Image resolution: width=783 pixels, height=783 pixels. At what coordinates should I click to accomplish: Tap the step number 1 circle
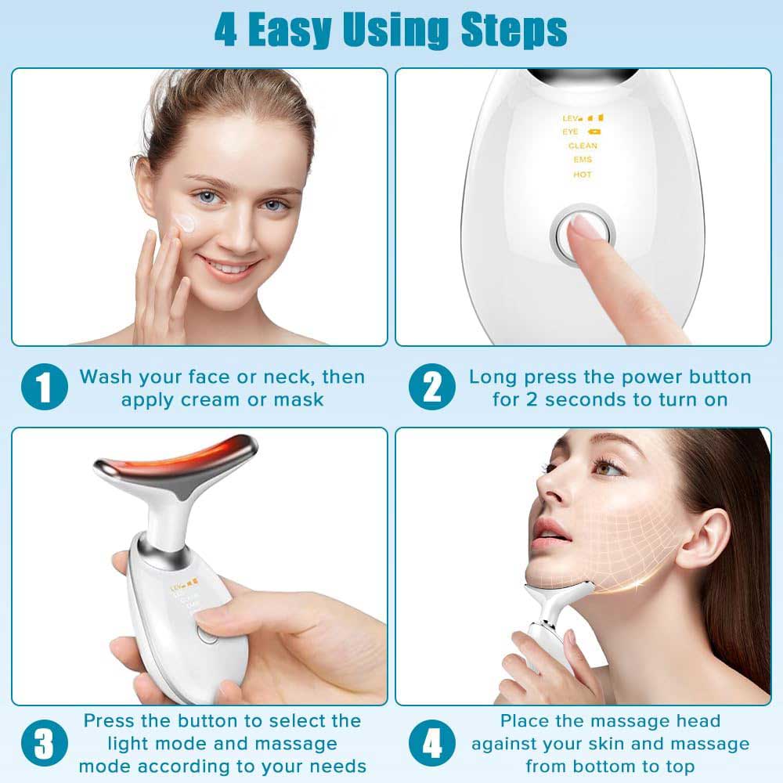tap(45, 388)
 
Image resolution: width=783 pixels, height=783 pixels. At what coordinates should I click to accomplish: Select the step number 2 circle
tap(433, 388)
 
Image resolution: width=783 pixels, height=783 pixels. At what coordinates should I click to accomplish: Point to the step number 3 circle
tap(45, 743)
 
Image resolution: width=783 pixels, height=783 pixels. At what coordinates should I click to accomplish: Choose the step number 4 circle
tap(433, 743)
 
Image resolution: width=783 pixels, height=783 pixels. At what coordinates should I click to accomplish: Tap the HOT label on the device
tap(583, 175)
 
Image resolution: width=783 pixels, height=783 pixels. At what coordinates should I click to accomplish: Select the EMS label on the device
tap(583, 160)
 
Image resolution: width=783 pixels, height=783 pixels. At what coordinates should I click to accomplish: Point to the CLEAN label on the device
tap(583, 146)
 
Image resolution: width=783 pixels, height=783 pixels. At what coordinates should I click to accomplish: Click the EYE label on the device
tap(571, 132)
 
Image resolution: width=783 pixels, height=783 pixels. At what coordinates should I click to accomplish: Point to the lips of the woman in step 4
tap(551, 533)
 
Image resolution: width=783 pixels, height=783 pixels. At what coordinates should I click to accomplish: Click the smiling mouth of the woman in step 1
tap(230, 268)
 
